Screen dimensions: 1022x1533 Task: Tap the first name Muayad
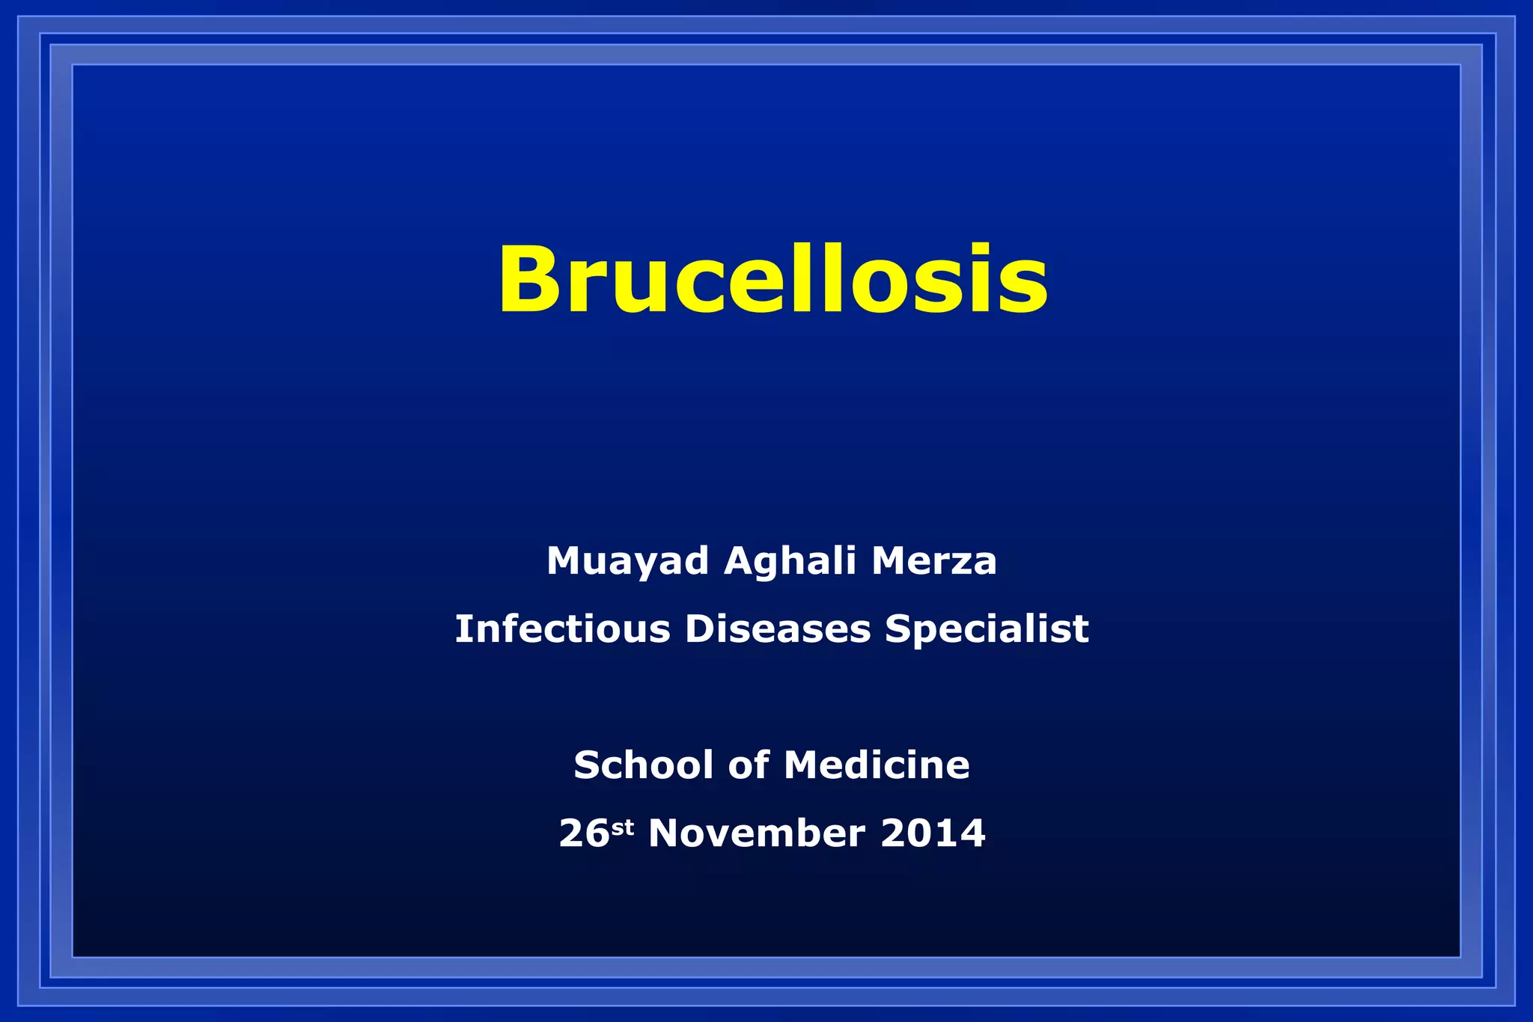(627, 561)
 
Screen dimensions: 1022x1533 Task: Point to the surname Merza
(933, 561)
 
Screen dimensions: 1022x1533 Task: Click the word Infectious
(562, 628)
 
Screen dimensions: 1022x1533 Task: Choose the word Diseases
(777, 628)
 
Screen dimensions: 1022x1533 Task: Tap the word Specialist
(986, 628)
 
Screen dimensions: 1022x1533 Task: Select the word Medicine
(877, 765)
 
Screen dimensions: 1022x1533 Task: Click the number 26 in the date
(584, 833)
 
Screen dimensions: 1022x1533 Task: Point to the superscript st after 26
(623, 827)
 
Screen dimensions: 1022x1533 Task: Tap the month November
(756, 833)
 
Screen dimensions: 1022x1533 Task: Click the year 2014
(933, 833)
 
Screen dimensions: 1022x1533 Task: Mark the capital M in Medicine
(802, 765)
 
